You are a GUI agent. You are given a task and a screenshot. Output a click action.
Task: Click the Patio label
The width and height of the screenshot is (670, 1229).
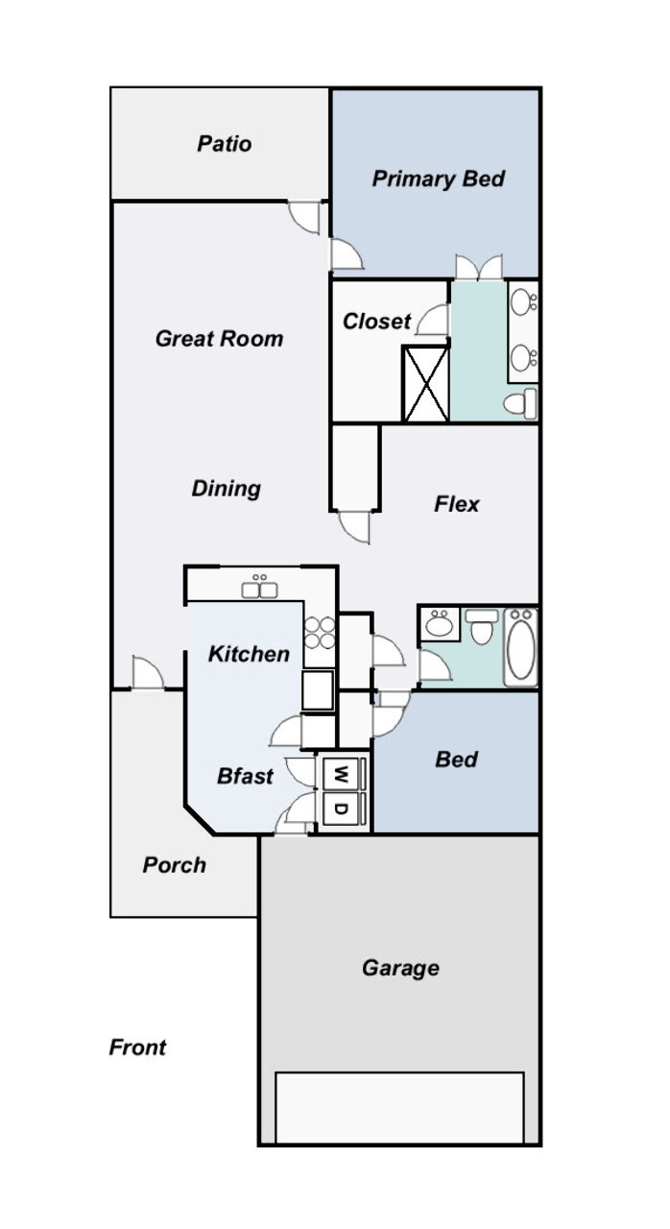pyautogui.click(x=225, y=144)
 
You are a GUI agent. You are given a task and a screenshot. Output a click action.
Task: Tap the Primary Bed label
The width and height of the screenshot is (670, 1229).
pyautogui.click(x=438, y=179)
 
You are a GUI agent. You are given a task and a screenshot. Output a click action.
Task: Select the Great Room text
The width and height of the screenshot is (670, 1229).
pyautogui.click(x=219, y=339)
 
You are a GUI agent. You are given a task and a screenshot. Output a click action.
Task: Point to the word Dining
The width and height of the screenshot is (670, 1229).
pyautogui.click(x=226, y=489)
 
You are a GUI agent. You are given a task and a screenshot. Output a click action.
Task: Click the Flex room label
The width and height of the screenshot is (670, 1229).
pyautogui.click(x=457, y=504)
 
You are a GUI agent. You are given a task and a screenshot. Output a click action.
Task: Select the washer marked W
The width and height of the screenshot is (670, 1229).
pyautogui.click(x=341, y=774)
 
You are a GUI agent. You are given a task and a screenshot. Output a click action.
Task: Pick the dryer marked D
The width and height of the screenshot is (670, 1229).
pyautogui.click(x=341, y=808)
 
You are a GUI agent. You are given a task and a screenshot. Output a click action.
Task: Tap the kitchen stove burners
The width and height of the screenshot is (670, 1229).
pyautogui.click(x=320, y=633)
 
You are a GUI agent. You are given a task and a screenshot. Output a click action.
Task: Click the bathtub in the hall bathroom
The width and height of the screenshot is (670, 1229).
pyautogui.click(x=521, y=647)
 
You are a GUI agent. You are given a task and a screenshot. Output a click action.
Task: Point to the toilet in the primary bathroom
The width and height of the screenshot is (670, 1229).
pyautogui.click(x=520, y=404)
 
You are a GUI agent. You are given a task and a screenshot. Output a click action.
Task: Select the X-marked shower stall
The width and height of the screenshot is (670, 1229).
pyautogui.click(x=426, y=383)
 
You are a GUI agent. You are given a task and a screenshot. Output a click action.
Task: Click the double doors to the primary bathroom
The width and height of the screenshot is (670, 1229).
pyautogui.click(x=479, y=267)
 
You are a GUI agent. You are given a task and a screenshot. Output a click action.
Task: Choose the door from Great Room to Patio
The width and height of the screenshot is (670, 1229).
pyautogui.click(x=304, y=218)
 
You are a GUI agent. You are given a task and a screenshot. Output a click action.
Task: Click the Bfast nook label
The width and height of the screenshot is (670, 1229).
pyautogui.click(x=245, y=776)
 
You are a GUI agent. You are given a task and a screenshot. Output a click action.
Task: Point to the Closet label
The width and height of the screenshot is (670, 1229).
pyautogui.click(x=376, y=322)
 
